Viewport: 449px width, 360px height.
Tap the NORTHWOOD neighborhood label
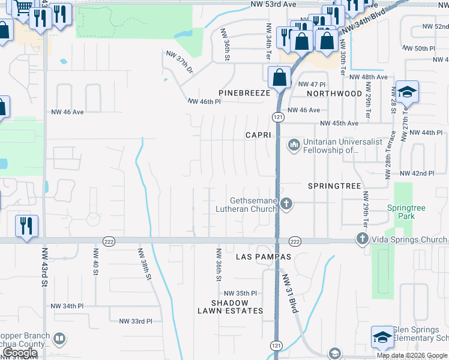point(334,94)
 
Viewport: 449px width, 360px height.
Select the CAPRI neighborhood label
point(259,136)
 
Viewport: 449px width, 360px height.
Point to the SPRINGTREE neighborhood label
point(334,187)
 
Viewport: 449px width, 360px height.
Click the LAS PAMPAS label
point(264,257)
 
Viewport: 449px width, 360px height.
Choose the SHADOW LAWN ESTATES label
point(231,307)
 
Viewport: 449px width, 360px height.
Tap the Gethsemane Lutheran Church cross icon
point(286,204)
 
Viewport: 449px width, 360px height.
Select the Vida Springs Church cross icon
point(362,239)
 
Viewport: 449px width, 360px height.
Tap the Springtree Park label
point(406,212)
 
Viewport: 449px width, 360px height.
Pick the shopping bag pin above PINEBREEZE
point(279,77)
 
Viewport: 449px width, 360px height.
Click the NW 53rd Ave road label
point(282,4)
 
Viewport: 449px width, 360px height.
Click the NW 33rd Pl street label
point(136,322)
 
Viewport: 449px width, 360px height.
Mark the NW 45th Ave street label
point(339,124)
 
